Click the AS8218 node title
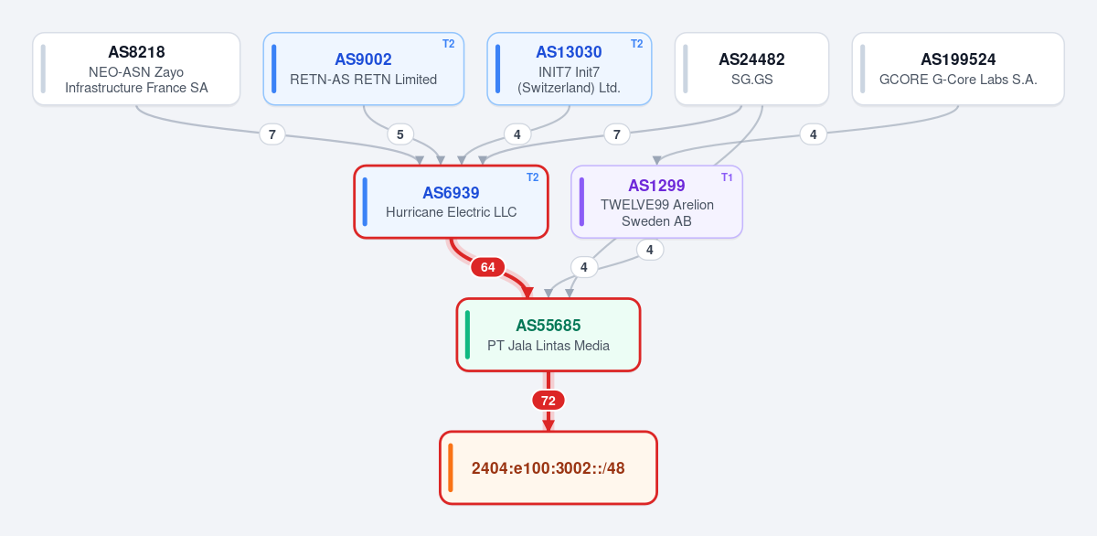pyautogui.click(x=136, y=52)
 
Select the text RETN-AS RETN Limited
pyautogui.click(x=364, y=80)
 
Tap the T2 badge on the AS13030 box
pyautogui.click(x=636, y=44)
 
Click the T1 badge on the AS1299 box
pyautogui.click(x=727, y=177)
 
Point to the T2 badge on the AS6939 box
pyautogui.click(x=532, y=177)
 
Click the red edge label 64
pyautogui.click(x=487, y=267)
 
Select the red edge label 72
pyautogui.click(x=548, y=401)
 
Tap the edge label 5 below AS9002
pyautogui.click(x=400, y=134)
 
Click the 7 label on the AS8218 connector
pyautogui.click(x=272, y=134)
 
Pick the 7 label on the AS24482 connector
pyautogui.click(x=616, y=134)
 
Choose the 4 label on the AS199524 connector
pyautogui.click(x=813, y=134)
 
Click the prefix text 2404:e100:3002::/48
pyautogui.click(x=548, y=468)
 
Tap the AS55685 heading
pyautogui.click(x=548, y=326)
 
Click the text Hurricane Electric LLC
pyautogui.click(x=451, y=212)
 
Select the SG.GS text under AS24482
pyautogui.click(x=751, y=80)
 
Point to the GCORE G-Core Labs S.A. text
pyautogui.click(x=958, y=80)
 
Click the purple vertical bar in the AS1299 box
pyautogui.click(x=581, y=202)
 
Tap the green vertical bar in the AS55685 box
pyautogui.click(x=468, y=335)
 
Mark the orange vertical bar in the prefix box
pyautogui.click(x=451, y=467)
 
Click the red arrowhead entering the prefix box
pyautogui.click(x=548, y=425)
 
